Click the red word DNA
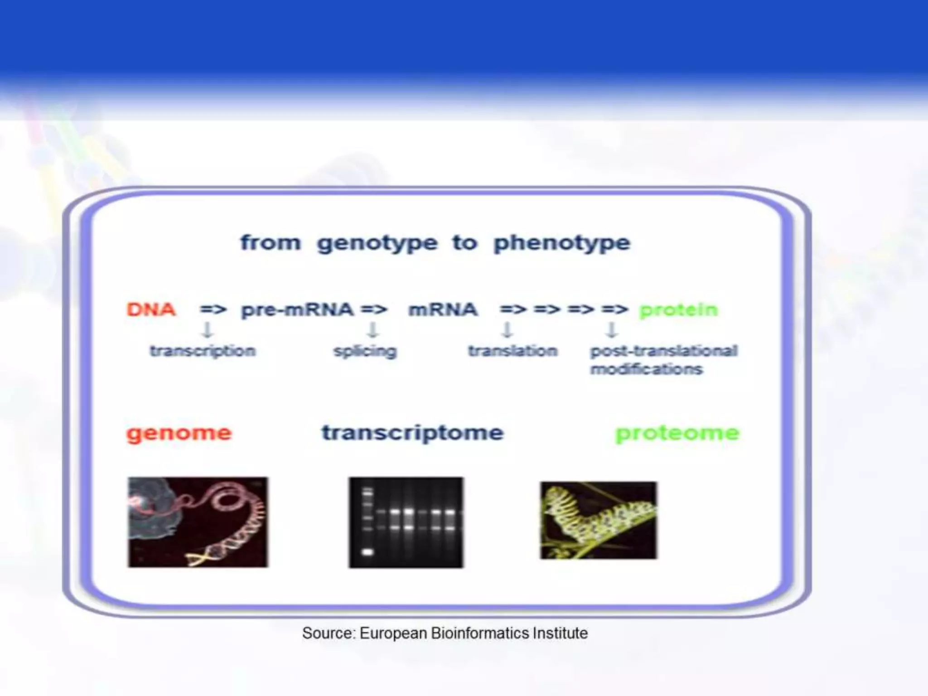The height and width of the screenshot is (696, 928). pyautogui.click(x=151, y=309)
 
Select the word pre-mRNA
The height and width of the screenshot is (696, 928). pyautogui.click(x=297, y=310)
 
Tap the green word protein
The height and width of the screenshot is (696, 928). pyautogui.click(x=678, y=310)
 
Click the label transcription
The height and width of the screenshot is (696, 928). pyautogui.click(x=203, y=351)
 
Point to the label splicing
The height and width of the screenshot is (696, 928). pyautogui.click(x=365, y=351)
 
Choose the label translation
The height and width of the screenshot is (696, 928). pyautogui.click(x=512, y=351)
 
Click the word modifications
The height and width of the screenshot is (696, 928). pyautogui.click(x=646, y=369)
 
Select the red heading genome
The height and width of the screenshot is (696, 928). pyautogui.click(x=179, y=433)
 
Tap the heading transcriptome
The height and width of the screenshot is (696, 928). pyautogui.click(x=412, y=433)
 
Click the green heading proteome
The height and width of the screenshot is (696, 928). pyautogui.click(x=677, y=433)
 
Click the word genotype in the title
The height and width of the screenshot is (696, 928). pyautogui.click(x=377, y=243)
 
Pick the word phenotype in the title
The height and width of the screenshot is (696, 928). pyautogui.click(x=561, y=243)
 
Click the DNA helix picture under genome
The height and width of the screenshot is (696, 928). pyautogui.click(x=198, y=522)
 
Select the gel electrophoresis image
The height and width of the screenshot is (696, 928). pyautogui.click(x=406, y=522)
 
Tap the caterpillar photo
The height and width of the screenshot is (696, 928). pyautogui.click(x=598, y=520)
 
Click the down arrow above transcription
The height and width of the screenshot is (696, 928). pyautogui.click(x=207, y=330)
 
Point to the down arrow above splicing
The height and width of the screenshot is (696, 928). pyautogui.click(x=372, y=330)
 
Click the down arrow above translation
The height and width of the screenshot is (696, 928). pyautogui.click(x=507, y=330)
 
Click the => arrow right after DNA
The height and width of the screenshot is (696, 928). pyautogui.click(x=213, y=310)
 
